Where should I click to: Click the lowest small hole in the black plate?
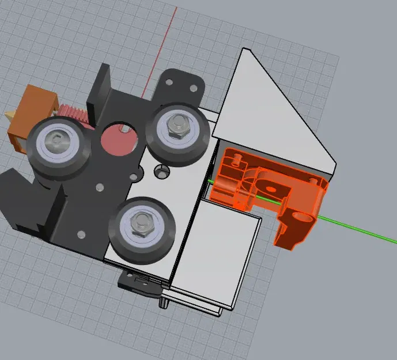[x=80, y=234]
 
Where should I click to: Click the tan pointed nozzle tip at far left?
[x=10, y=115]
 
